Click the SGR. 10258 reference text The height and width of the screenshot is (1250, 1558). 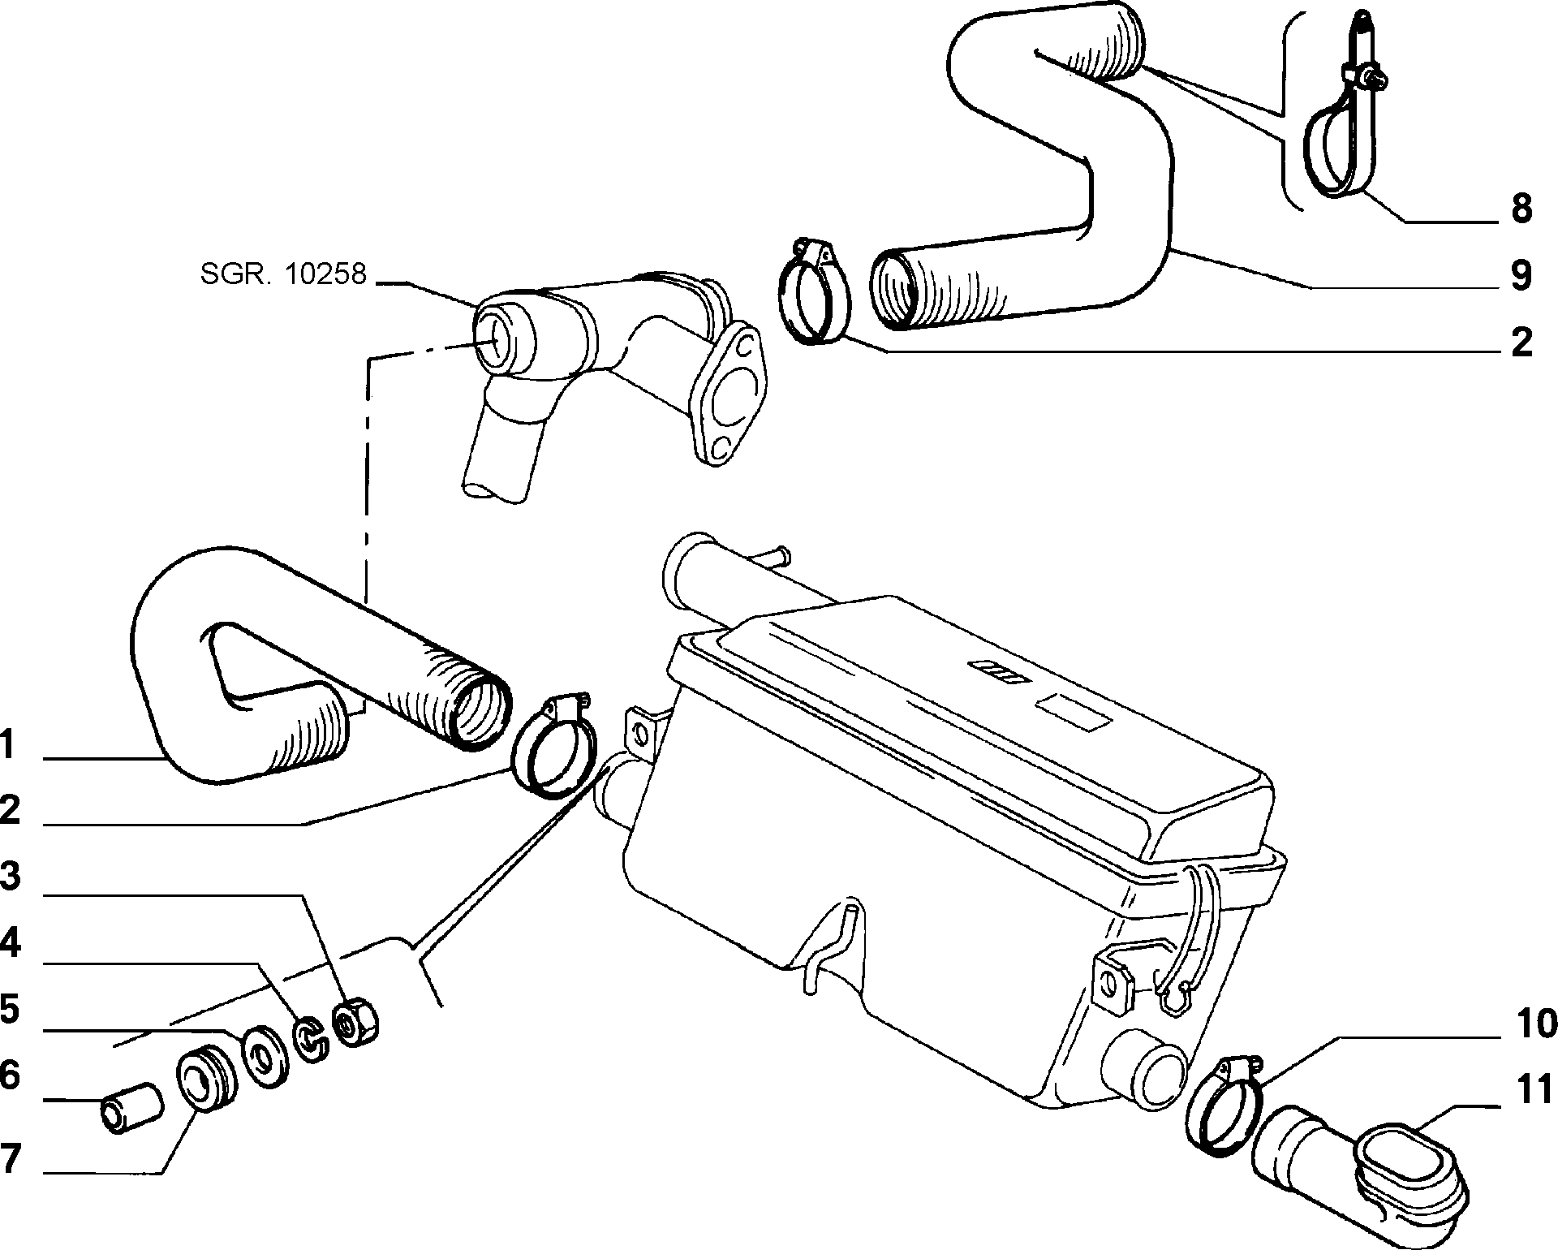pyautogui.click(x=283, y=274)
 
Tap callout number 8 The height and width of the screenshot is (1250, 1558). pyautogui.click(x=1521, y=209)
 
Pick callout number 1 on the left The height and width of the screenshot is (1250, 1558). pyautogui.click(x=7, y=744)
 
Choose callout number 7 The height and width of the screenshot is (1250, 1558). pyautogui.click(x=9, y=1158)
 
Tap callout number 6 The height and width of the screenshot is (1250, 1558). pyautogui.click(x=9, y=1075)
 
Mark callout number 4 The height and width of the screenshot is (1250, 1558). pyautogui.click(x=9, y=943)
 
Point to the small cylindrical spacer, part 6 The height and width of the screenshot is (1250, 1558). pyautogui.click(x=131, y=1106)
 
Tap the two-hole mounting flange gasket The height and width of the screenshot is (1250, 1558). pyautogui.click(x=725, y=395)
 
